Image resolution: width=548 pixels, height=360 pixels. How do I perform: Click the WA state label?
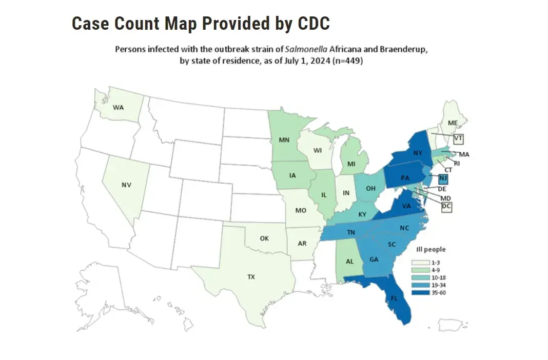click(119, 108)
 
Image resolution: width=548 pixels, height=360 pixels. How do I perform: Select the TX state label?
click(251, 277)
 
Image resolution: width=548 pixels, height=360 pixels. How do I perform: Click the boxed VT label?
click(458, 138)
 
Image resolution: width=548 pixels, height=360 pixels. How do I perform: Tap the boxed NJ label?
click(443, 178)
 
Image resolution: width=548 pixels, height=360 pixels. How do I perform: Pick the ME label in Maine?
click(452, 123)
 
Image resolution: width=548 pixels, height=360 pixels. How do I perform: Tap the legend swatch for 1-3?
click(420, 262)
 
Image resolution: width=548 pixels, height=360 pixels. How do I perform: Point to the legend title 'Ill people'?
click(430, 249)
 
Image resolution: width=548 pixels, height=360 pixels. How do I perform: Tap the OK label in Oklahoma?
click(264, 238)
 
